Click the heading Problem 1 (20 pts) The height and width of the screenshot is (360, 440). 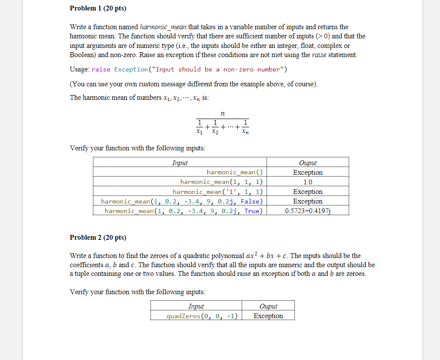98,9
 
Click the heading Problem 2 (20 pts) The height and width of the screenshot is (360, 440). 98,238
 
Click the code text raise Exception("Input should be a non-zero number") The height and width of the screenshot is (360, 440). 190,69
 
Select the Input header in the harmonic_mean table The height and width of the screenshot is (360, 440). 179,163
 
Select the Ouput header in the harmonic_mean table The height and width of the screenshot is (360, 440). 308,163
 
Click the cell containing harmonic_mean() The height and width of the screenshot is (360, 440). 234,172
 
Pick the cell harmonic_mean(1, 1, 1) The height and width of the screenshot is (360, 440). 221,182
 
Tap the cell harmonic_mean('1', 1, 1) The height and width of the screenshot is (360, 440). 217,192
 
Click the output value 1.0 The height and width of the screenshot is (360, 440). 308,182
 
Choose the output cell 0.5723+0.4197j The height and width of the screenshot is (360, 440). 308,211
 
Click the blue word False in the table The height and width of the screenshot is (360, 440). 250,201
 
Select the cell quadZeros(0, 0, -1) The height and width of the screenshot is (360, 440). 202,316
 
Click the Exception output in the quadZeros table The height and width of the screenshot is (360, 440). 268,316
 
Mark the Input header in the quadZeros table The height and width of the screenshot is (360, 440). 196,306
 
